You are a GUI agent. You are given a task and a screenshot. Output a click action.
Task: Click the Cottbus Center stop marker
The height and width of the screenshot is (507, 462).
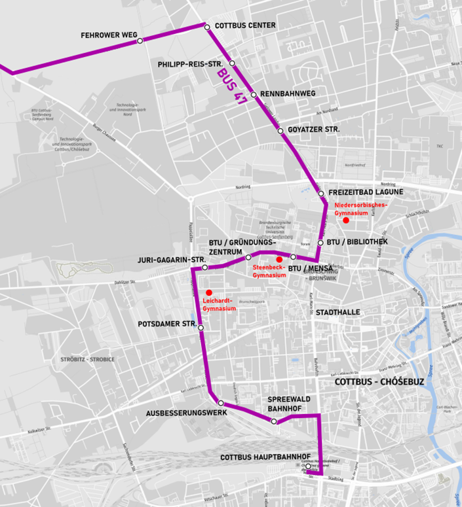tap(207, 27)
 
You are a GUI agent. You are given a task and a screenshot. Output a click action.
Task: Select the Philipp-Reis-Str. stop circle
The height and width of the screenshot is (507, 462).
tap(232, 63)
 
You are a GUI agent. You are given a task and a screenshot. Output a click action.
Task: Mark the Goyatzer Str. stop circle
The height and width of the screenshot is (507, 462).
tap(280, 131)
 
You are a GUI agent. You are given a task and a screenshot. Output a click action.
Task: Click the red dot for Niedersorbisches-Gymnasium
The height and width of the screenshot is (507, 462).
tap(346, 220)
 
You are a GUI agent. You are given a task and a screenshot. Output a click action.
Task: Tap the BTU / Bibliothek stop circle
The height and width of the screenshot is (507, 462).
tap(320, 243)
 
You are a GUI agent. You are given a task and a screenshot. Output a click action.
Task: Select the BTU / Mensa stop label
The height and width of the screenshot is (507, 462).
tap(311, 268)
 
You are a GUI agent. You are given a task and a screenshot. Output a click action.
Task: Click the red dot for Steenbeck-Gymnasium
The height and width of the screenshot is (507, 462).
tap(279, 260)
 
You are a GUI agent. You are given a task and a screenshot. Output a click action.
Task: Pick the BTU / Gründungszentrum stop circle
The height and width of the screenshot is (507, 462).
tap(248, 257)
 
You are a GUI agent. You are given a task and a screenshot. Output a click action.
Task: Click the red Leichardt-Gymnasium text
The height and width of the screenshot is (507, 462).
tap(220, 304)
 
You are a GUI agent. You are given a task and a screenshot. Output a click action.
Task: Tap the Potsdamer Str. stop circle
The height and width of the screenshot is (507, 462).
tap(201, 328)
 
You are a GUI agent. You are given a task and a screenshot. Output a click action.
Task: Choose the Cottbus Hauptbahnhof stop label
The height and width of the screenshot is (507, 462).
tap(265, 456)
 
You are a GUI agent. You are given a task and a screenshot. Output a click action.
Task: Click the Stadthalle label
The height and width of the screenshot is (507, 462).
tap(338, 313)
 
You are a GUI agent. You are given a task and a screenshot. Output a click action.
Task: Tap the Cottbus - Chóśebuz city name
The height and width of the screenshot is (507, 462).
tap(371, 382)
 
